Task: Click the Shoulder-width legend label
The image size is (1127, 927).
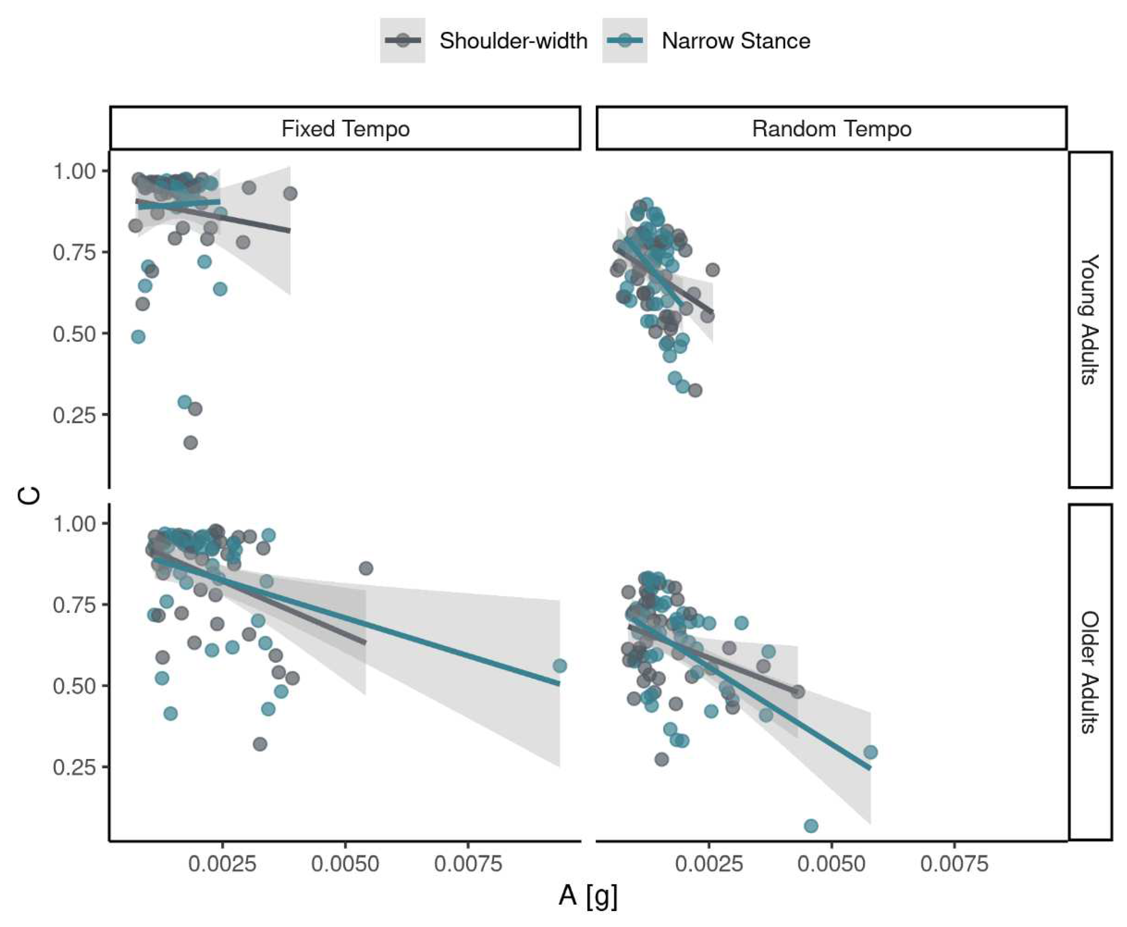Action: coord(513,41)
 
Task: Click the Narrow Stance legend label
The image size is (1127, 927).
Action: coord(736,41)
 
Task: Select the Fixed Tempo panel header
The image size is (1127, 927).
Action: coord(345,129)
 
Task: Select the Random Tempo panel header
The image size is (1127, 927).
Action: coord(831,129)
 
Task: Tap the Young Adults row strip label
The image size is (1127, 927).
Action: coord(1090,319)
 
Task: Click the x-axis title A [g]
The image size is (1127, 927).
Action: coord(588,895)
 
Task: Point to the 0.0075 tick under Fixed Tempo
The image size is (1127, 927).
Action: coord(468,864)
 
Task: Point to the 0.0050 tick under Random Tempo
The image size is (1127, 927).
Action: coord(831,864)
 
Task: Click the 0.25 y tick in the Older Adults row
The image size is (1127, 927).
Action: coord(74,767)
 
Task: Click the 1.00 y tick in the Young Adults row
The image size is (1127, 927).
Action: coord(74,171)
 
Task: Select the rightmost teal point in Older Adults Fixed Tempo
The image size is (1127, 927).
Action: coord(559,666)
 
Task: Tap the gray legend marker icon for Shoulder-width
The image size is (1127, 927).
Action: coord(403,41)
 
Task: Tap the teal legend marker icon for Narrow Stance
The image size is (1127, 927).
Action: coord(625,41)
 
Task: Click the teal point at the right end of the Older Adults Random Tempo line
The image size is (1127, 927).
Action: coord(871,752)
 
